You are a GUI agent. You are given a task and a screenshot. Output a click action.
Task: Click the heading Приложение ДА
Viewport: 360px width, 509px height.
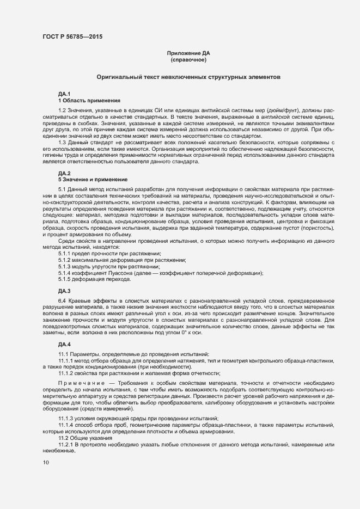point(188,53)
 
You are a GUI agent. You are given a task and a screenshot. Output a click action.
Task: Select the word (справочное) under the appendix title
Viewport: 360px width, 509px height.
point(188,59)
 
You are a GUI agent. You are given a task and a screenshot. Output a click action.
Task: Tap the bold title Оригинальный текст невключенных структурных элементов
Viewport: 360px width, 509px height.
point(188,78)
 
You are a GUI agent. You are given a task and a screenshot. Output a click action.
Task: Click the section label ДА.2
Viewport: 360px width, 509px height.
point(64,173)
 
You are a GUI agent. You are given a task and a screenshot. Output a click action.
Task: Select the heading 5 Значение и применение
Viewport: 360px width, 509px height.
point(93,179)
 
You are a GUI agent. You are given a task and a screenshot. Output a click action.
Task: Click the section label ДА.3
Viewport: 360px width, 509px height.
point(64,291)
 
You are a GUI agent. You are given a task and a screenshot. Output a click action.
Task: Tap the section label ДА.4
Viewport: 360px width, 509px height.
point(64,345)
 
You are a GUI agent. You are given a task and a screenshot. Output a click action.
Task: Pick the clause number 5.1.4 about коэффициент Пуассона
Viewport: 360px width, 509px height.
point(65,273)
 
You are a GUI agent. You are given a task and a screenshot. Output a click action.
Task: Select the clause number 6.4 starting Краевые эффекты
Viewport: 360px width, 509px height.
point(62,301)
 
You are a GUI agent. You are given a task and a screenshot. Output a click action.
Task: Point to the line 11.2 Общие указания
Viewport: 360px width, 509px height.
point(85,438)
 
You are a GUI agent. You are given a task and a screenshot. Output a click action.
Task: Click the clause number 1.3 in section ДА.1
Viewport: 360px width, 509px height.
point(62,142)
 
